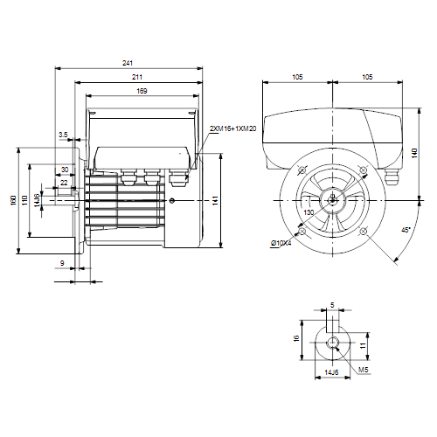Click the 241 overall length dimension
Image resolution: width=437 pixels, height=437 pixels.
pos(128,63)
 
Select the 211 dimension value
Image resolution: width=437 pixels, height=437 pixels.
pos(137,77)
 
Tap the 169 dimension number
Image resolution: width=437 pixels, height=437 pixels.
pos(142,91)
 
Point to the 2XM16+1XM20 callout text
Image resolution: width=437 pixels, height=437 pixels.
pos(233,128)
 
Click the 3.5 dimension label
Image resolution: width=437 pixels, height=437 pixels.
pos(63,135)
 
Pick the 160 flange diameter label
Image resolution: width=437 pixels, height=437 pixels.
pos(13,200)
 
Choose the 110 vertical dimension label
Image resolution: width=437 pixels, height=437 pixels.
pos(24,200)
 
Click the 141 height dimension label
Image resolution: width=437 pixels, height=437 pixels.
pos(215,200)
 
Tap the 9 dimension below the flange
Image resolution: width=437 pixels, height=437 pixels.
pos(62,263)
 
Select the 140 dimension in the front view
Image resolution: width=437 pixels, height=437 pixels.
pos(414,153)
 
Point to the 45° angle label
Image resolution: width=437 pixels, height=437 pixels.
pos(406,230)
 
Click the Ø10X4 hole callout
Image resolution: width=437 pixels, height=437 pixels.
pos(281,243)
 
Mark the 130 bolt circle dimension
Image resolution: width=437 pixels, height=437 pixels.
pos(309,212)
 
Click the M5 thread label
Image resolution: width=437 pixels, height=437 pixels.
pos(364,370)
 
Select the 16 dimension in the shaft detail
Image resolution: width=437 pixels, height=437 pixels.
pos(296,338)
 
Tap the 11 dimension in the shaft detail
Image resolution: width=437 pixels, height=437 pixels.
pos(363,345)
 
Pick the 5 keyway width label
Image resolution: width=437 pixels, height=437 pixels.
pos(332,305)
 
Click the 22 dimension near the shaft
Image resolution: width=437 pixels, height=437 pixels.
pos(64,183)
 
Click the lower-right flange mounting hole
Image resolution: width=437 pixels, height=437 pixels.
pos(363,232)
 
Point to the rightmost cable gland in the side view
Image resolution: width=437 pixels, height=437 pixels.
pos(178,178)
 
